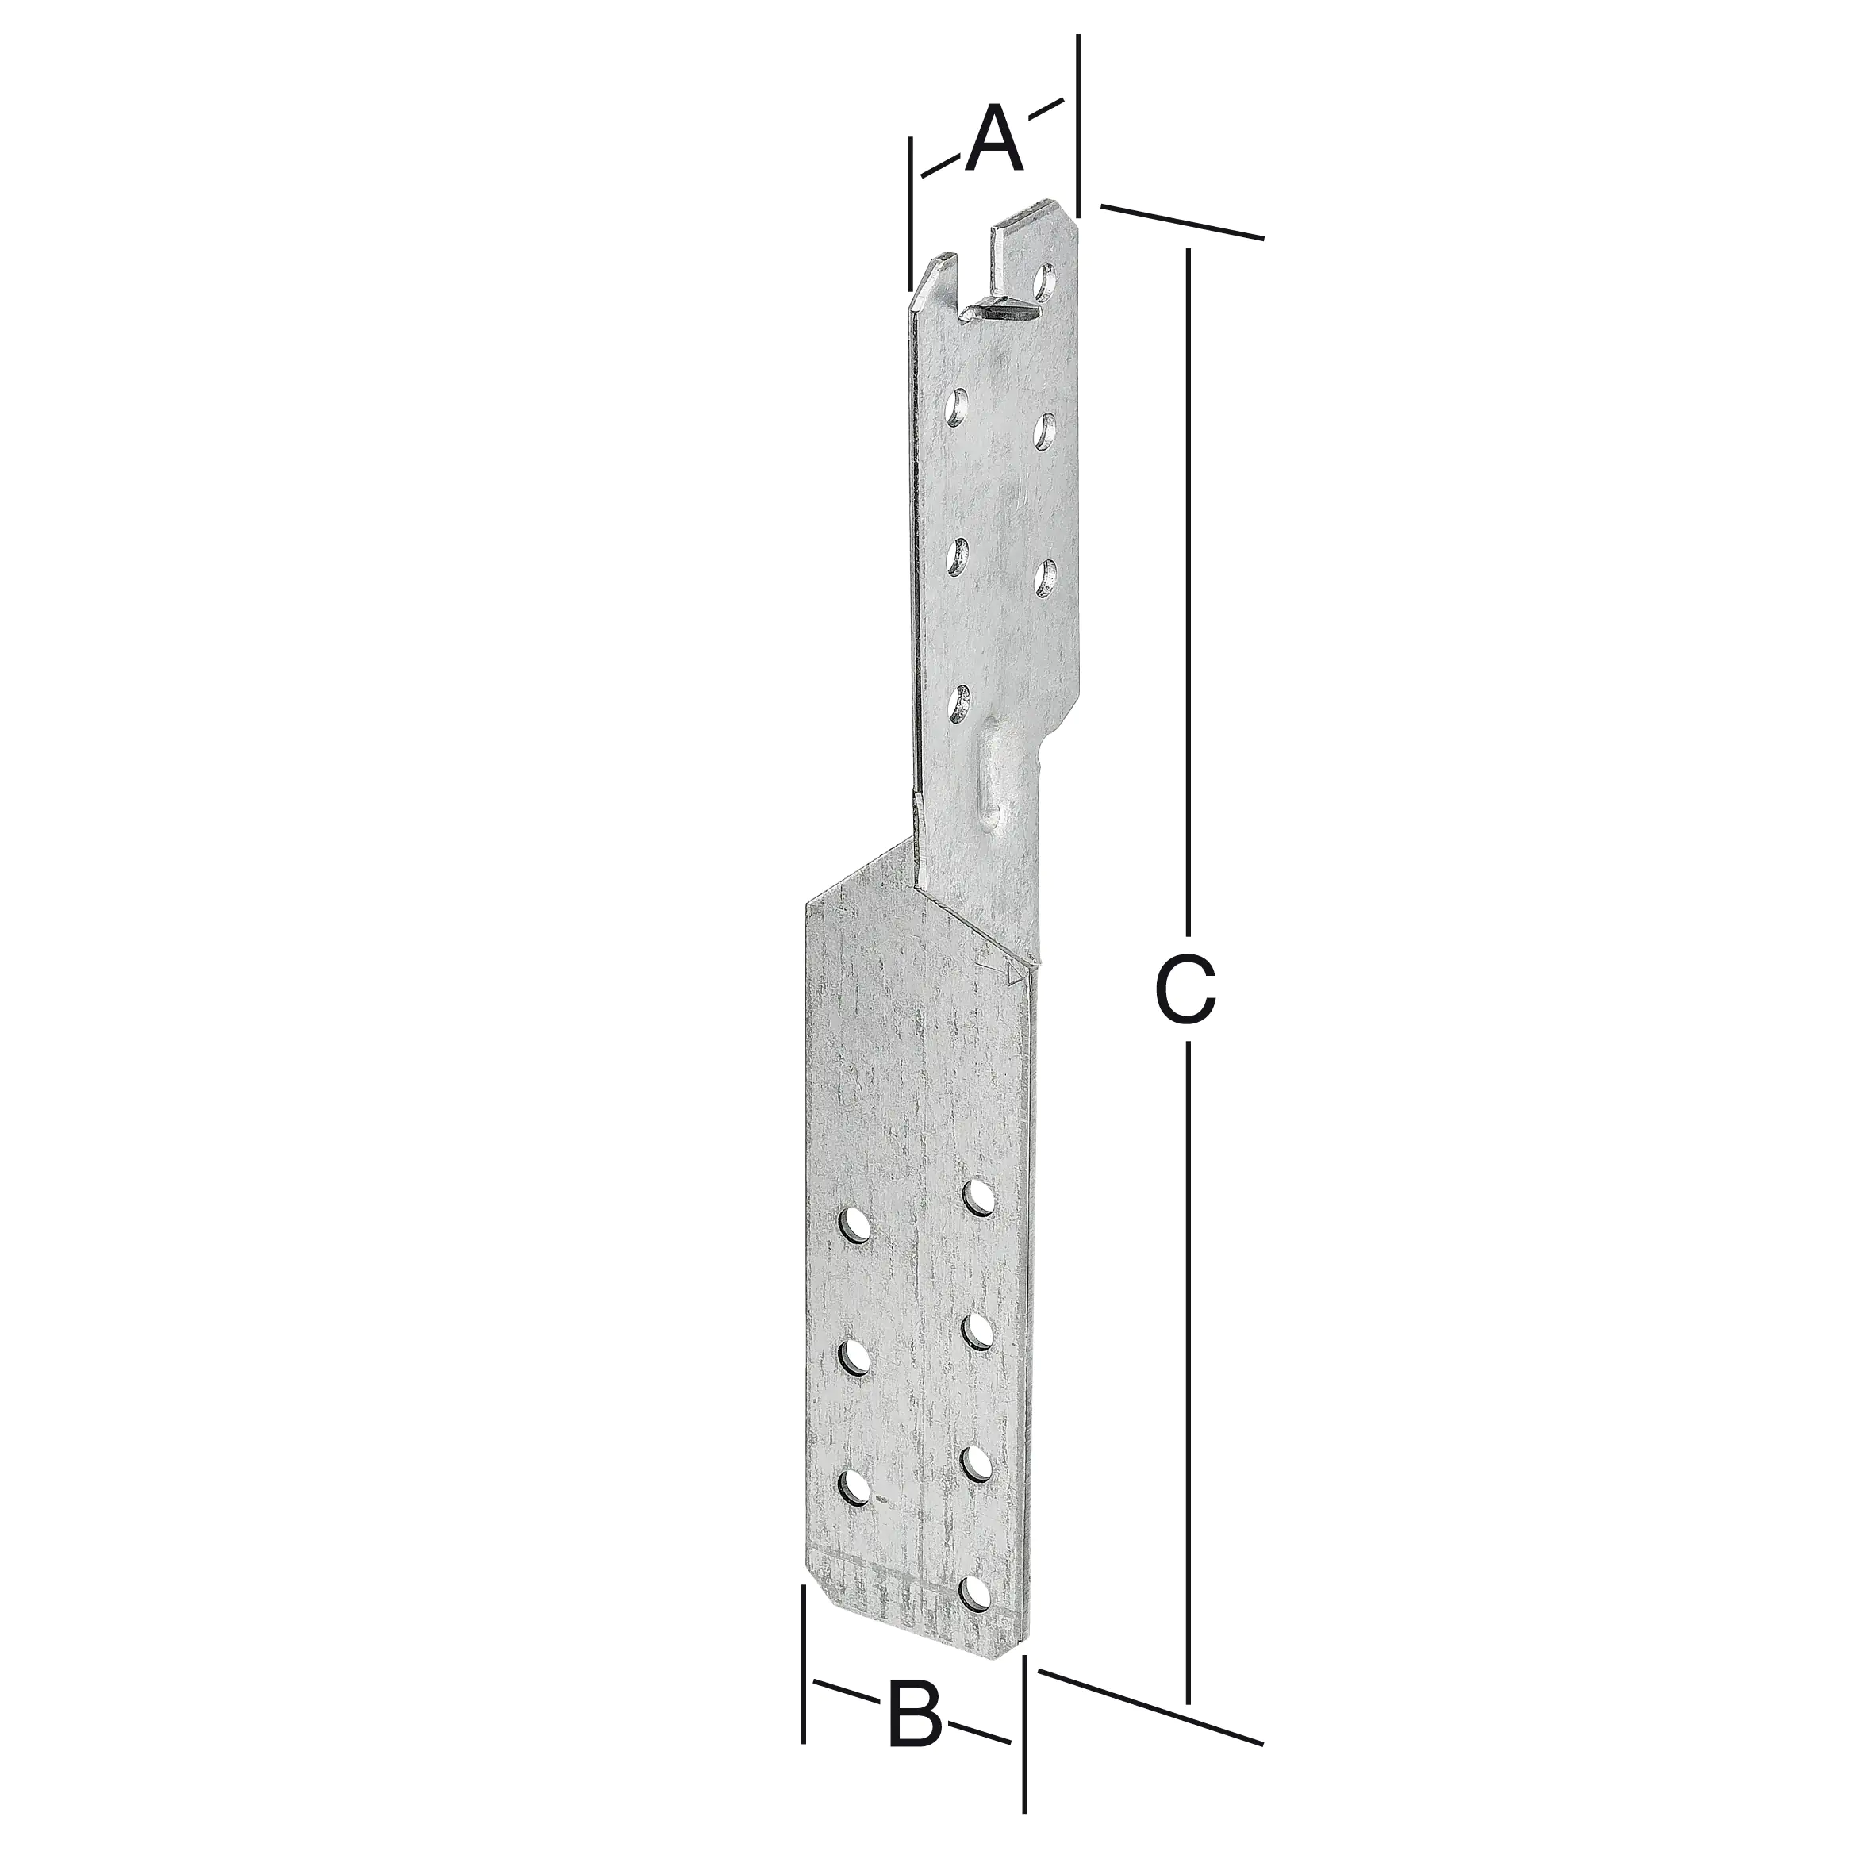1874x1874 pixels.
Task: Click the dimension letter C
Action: coord(1185,989)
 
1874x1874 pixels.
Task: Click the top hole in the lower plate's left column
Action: coord(854,1224)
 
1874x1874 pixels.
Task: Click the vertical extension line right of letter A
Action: coord(1077,126)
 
